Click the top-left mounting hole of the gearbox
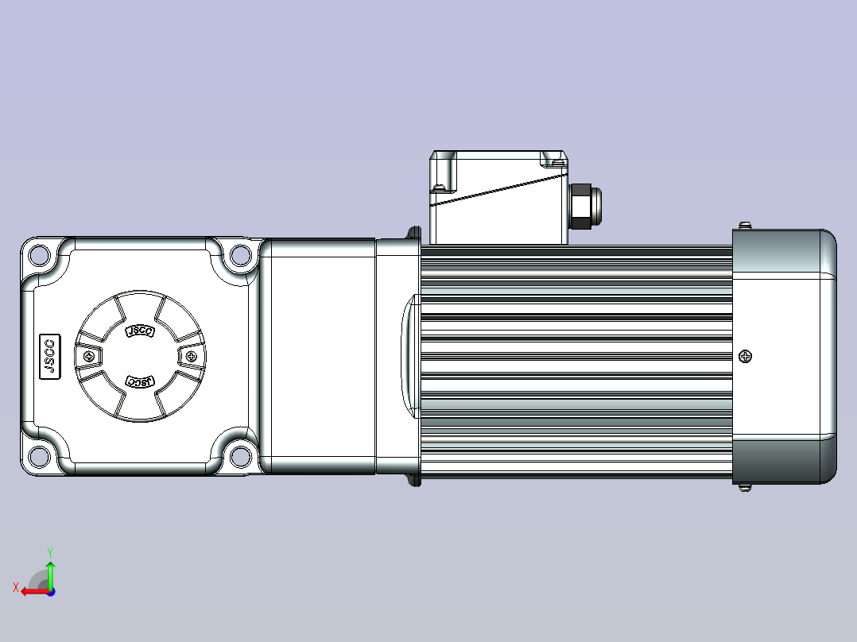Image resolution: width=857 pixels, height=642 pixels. pyautogui.click(x=37, y=256)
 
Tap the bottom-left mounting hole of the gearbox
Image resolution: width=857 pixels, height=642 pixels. pyautogui.click(x=37, y=458)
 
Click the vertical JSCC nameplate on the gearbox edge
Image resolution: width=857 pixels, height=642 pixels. pyautogui.click(x=49, y=356)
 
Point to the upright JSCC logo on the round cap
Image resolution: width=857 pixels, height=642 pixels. pyautogui.click(x=139, y=331)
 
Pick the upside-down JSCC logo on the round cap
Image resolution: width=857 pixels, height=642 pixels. pyautogui.click(x=139, y=381)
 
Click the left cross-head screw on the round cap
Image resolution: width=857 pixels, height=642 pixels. pyautogui.click(x=88, y=357)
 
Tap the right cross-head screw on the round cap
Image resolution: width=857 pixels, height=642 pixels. pyautogui.click(x=190, y=357)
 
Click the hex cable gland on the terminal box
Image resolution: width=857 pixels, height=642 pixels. pyautogui.click(x=583, y=207)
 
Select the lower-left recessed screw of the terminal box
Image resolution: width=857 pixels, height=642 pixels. pyautogui.click(x=439, y=189)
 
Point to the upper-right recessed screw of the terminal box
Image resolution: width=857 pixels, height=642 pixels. pyautogui.click(x=555, y=164)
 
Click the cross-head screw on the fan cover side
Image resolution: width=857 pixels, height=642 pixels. pyautogui.click(x=745, y=357)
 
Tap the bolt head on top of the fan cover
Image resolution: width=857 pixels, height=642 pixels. pyautogui.click(x=745, y=226)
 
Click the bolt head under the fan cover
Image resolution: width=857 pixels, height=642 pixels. pyautogui.click(x=745, y=487)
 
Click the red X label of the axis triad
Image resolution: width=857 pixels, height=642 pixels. pyautogui.click(x=15, y=587)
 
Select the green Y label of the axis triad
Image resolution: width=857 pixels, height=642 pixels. pyautogui.click(x=50, y=551)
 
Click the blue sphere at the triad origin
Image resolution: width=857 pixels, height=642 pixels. pyautogui.click(x=50, y=591)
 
